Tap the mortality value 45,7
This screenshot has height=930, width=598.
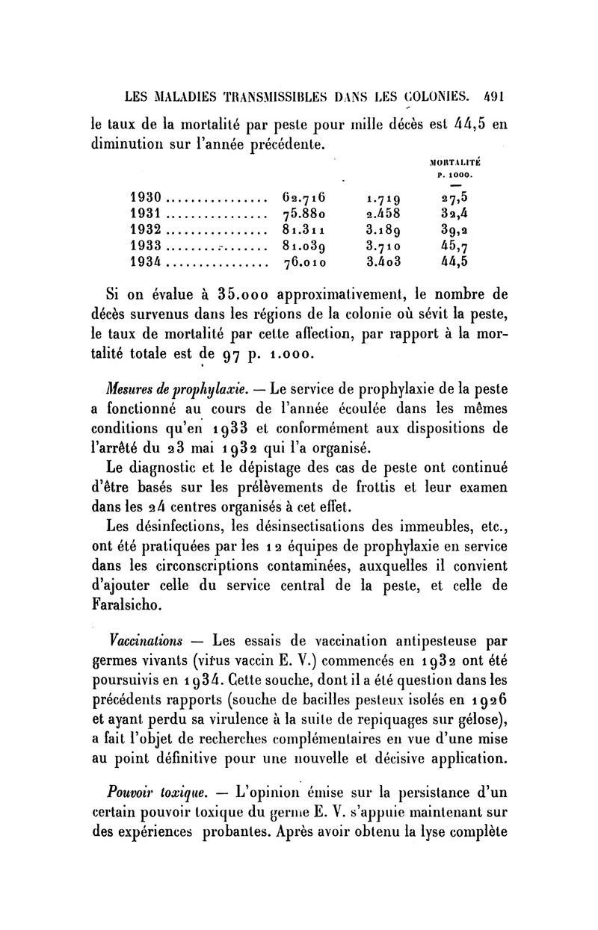point(453,245)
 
